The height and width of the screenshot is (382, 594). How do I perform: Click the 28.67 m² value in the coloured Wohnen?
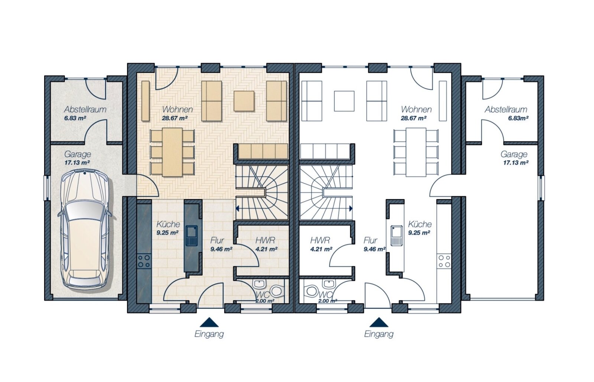tap(175, 118)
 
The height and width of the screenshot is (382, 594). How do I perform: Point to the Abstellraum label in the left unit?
tap(85, 109)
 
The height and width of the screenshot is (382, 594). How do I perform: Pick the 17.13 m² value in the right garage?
tap(516, 163)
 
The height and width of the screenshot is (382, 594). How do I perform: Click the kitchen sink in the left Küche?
tap(191, 236)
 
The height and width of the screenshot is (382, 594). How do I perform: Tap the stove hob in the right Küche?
tap(444, 261)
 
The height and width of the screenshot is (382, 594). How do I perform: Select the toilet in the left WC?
tap(277, 291)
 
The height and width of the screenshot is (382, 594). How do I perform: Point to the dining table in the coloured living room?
tap(172, 152)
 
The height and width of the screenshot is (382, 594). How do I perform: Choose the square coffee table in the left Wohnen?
tap(244, 101)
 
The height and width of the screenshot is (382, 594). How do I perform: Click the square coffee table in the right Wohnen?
tap(344, 101)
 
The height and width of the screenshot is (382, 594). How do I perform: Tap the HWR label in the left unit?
tap(265, 241)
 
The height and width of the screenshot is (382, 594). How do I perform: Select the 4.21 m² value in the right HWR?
tap(321, 249)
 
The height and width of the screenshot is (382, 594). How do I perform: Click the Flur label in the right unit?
tap(371, 241)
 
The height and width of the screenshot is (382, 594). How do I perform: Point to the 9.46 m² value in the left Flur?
tap(221, 249)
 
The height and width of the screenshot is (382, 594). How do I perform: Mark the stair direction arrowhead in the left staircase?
tap(237, 209)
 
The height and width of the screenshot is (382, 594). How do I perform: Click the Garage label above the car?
tap(78, 154)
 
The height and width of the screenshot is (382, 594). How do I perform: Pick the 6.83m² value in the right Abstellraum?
tap(518, 118)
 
